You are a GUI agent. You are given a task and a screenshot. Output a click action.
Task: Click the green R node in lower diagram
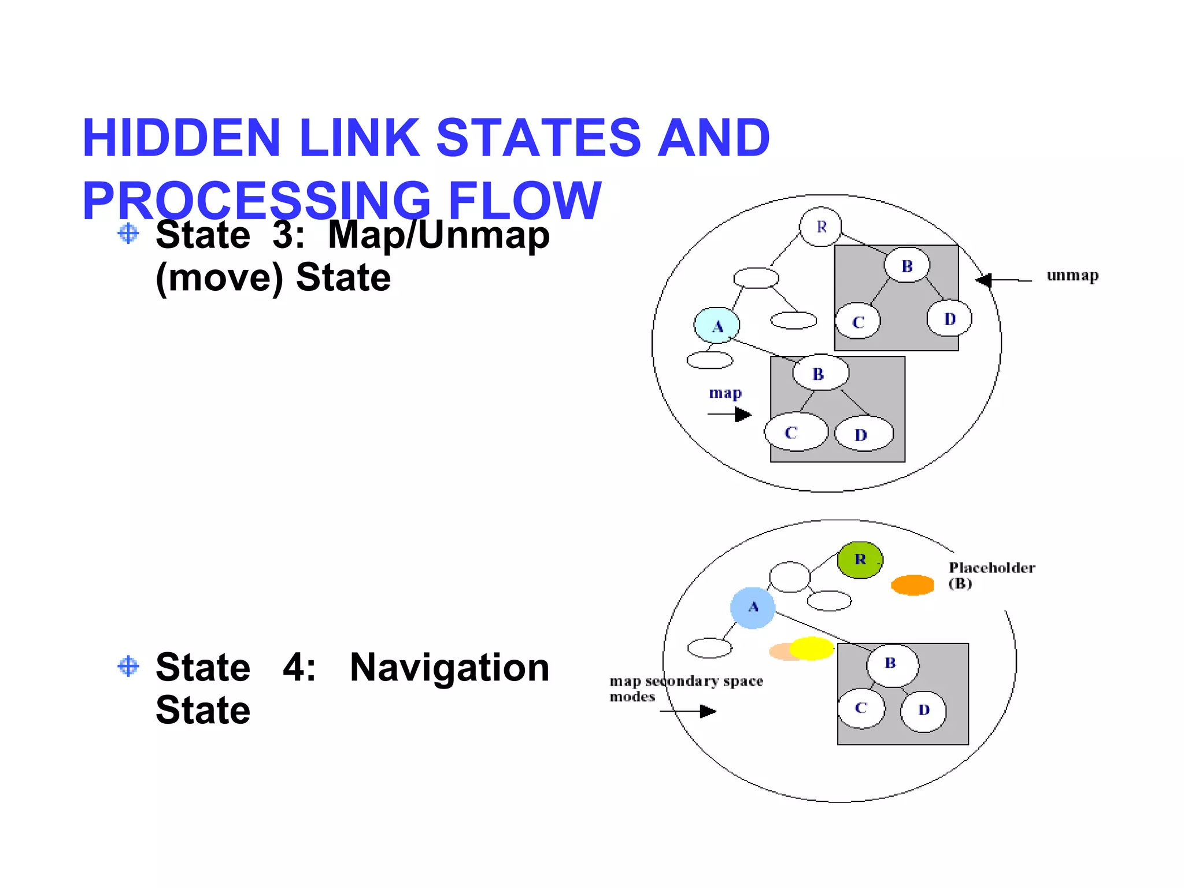860,560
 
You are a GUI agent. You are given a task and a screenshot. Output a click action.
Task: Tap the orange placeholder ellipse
912,584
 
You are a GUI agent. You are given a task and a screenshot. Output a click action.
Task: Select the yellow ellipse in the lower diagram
811,648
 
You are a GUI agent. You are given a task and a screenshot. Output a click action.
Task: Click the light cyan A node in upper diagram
717,325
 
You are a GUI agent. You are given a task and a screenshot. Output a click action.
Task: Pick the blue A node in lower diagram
752,608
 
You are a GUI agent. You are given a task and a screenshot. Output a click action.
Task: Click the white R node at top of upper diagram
820,227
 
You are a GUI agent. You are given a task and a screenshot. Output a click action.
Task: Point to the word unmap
1072,276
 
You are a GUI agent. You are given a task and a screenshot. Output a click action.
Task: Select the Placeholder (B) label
991,575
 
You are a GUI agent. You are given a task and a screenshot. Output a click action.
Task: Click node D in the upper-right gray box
949,319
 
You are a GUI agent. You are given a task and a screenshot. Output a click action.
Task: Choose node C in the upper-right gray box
858,322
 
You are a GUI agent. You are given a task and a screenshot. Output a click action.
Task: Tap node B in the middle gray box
820,373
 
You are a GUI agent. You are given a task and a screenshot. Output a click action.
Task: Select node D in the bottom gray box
923,711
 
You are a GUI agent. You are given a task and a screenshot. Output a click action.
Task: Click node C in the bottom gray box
861,708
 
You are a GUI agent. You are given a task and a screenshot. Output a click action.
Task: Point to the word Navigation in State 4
449,667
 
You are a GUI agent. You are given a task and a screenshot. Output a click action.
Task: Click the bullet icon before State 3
128,234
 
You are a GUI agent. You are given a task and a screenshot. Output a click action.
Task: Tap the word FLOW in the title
524,201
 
